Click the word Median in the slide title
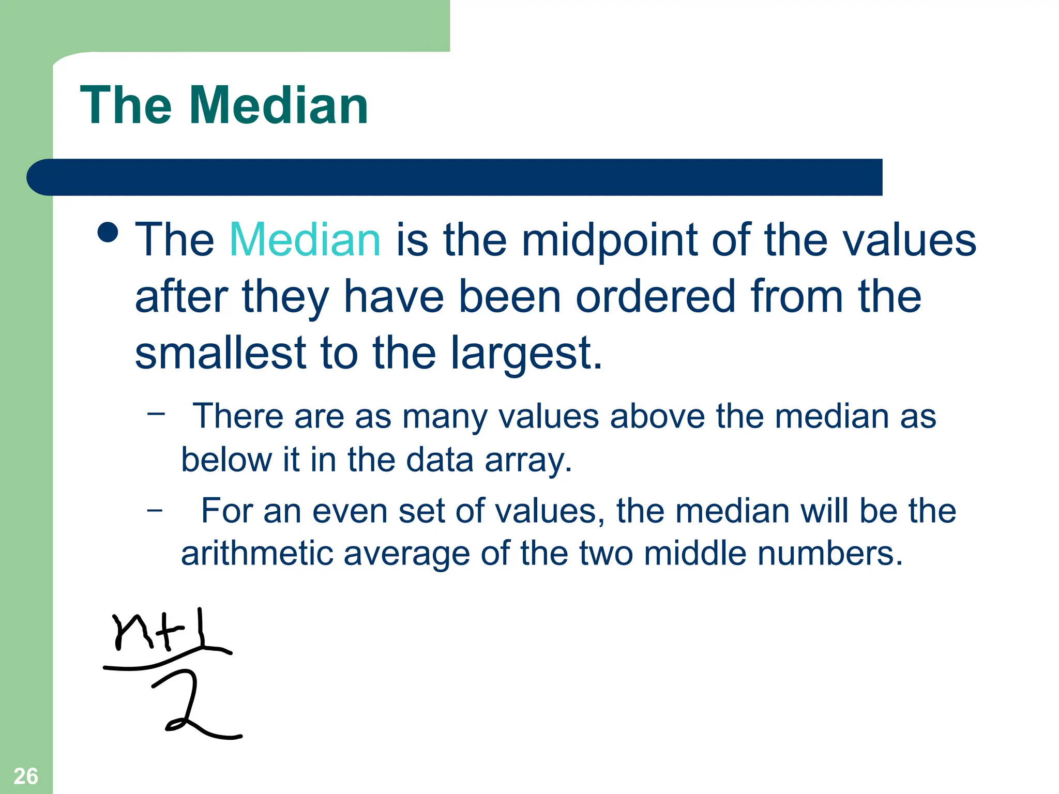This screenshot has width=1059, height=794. (x=279, y=105)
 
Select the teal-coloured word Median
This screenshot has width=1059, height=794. (x=305, y=240)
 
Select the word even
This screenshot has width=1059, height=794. (x=350, y=511)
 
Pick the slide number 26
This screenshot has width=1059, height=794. (x=26, y=776)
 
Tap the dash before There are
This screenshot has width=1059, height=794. (x=156, y=413)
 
